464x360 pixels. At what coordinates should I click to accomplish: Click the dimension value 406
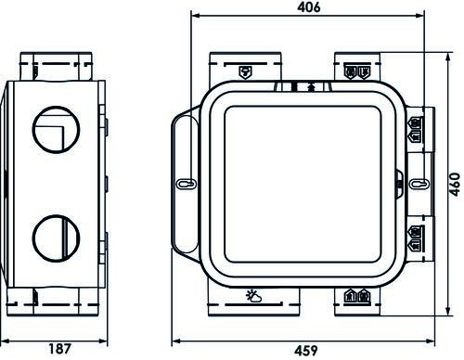click(309, 7)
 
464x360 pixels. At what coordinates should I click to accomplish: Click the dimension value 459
click(309, 351)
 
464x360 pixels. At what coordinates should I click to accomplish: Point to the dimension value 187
click(58, 350)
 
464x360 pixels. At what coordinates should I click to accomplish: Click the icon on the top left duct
click(245, 71)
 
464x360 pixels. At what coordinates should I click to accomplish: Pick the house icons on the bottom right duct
click(357, 297)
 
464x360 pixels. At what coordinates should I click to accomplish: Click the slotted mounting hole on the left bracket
click(184, 184)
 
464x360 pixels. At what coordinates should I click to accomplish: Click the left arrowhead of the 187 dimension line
click(6, 338)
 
